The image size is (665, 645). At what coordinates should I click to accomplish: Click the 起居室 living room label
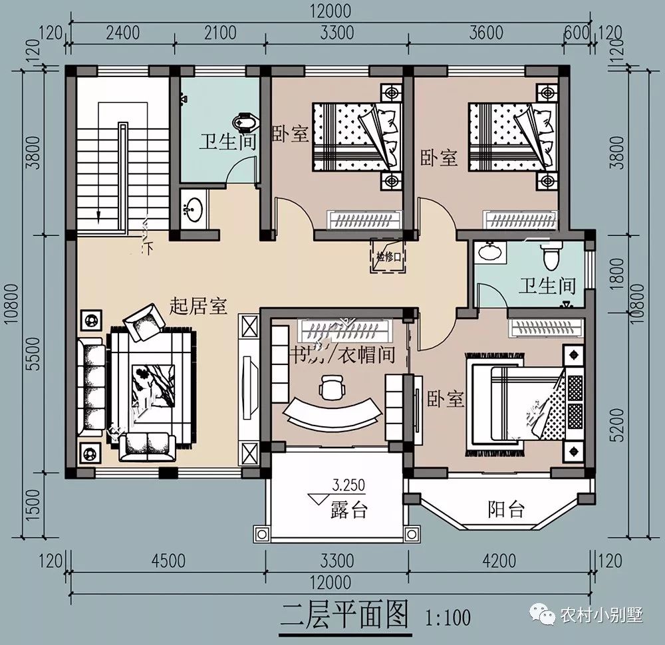coord(198,306)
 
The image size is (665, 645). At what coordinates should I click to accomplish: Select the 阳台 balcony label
coord(506,510)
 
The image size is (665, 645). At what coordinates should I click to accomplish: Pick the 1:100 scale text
coord(448,617)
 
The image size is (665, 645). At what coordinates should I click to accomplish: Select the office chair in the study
coord(332,388)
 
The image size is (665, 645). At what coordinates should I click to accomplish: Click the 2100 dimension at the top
coord(220,31)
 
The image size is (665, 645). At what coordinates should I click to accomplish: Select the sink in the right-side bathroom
coord(489,252)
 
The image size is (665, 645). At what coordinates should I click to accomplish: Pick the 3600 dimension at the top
coord(487,31)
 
